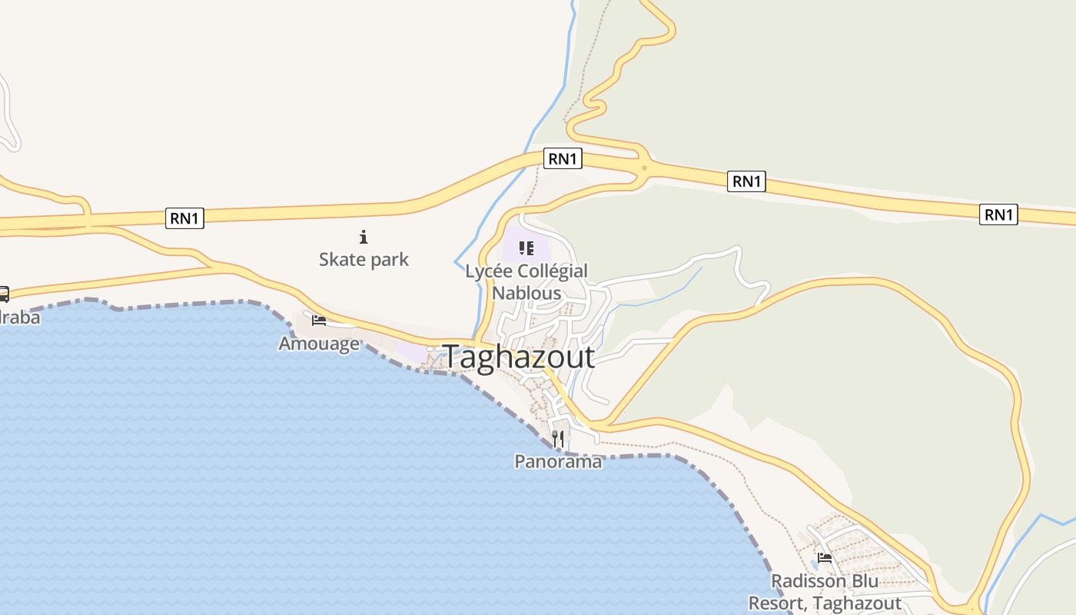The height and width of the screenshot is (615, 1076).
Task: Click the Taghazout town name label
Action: click(518, 357)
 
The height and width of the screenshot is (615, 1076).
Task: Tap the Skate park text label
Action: click(364, 259)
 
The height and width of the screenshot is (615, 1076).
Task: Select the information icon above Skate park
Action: click(364, 237)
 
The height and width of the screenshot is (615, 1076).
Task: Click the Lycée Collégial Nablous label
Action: click(526, 282)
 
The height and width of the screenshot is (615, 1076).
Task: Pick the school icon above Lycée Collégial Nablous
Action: click(526, 248)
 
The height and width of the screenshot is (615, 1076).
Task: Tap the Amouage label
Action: click(319, 343)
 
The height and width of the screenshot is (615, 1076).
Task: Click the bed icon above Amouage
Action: click(319, 320)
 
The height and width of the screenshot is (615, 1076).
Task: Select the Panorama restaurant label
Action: click(558, 461)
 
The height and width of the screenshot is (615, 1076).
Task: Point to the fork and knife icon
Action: click(558, 439)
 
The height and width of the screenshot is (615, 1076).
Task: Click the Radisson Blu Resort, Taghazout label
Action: click(825, 592)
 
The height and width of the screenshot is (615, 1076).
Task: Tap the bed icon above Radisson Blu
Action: click(825, 558)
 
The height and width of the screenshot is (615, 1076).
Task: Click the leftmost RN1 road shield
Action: click(184, 218)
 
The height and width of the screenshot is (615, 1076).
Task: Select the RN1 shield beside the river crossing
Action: click(563, 159)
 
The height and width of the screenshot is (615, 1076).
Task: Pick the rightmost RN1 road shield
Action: click(998, 214)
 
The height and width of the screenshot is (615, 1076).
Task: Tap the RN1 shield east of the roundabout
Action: click(747, 181)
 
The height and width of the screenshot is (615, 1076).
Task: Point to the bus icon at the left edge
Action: click(3, 294)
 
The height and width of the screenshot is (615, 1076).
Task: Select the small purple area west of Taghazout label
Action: click(414, 352)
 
